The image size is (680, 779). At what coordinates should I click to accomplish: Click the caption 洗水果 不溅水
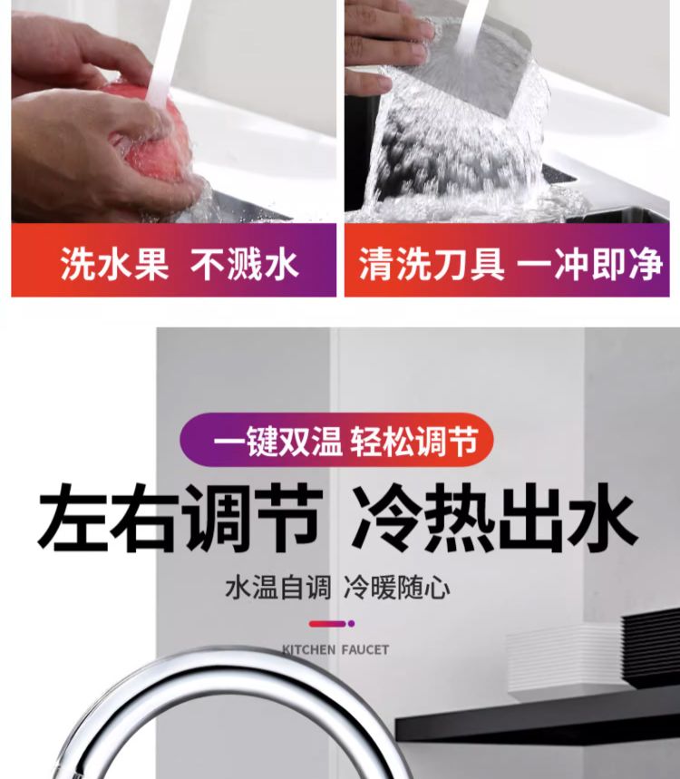click(x=180, y=263)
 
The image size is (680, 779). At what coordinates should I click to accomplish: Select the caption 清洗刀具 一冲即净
click(x=510, y=263)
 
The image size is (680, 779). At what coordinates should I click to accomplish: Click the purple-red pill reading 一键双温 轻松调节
click(x=336, y=440)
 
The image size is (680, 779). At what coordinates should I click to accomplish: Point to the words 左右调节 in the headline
click(x=180, y=518)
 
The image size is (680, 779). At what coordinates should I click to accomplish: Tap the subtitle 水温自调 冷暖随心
click(x=338, y=588)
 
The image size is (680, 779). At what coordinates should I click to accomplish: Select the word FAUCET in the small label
click(x=365, y=650)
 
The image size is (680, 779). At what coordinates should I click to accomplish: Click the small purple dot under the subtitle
click(x=351, y=624)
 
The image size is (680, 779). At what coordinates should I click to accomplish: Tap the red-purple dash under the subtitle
click(x=327, y=624)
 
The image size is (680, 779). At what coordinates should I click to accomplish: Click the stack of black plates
click(x=651, y=646)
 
